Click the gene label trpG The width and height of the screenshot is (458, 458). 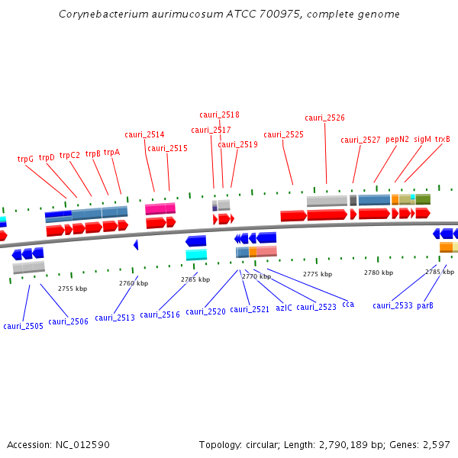[x=25, y=160]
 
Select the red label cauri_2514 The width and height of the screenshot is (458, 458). [x=144, y=135]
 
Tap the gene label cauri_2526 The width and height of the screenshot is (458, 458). [x=324, y=118]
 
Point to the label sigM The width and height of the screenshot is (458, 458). [x=422, y=140]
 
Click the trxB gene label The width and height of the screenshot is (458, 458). [x=443, y=140]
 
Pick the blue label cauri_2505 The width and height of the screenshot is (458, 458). [x=23, y=326]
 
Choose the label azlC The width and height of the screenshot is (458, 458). [x=284, y=307]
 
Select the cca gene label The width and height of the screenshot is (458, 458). [x=348, y=304]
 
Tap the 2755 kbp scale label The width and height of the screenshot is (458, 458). [x=73, y=289]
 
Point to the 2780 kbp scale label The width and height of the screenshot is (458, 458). [x=378, y=273]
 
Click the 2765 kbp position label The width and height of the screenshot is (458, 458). [x=195, y=279]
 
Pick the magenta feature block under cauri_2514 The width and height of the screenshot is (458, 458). [x=160, y=208]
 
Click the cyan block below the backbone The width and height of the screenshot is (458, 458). [x=196, y=254]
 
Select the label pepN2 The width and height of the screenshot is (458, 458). [x=397, y=140]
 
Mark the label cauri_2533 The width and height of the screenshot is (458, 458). [x=392, y=305]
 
